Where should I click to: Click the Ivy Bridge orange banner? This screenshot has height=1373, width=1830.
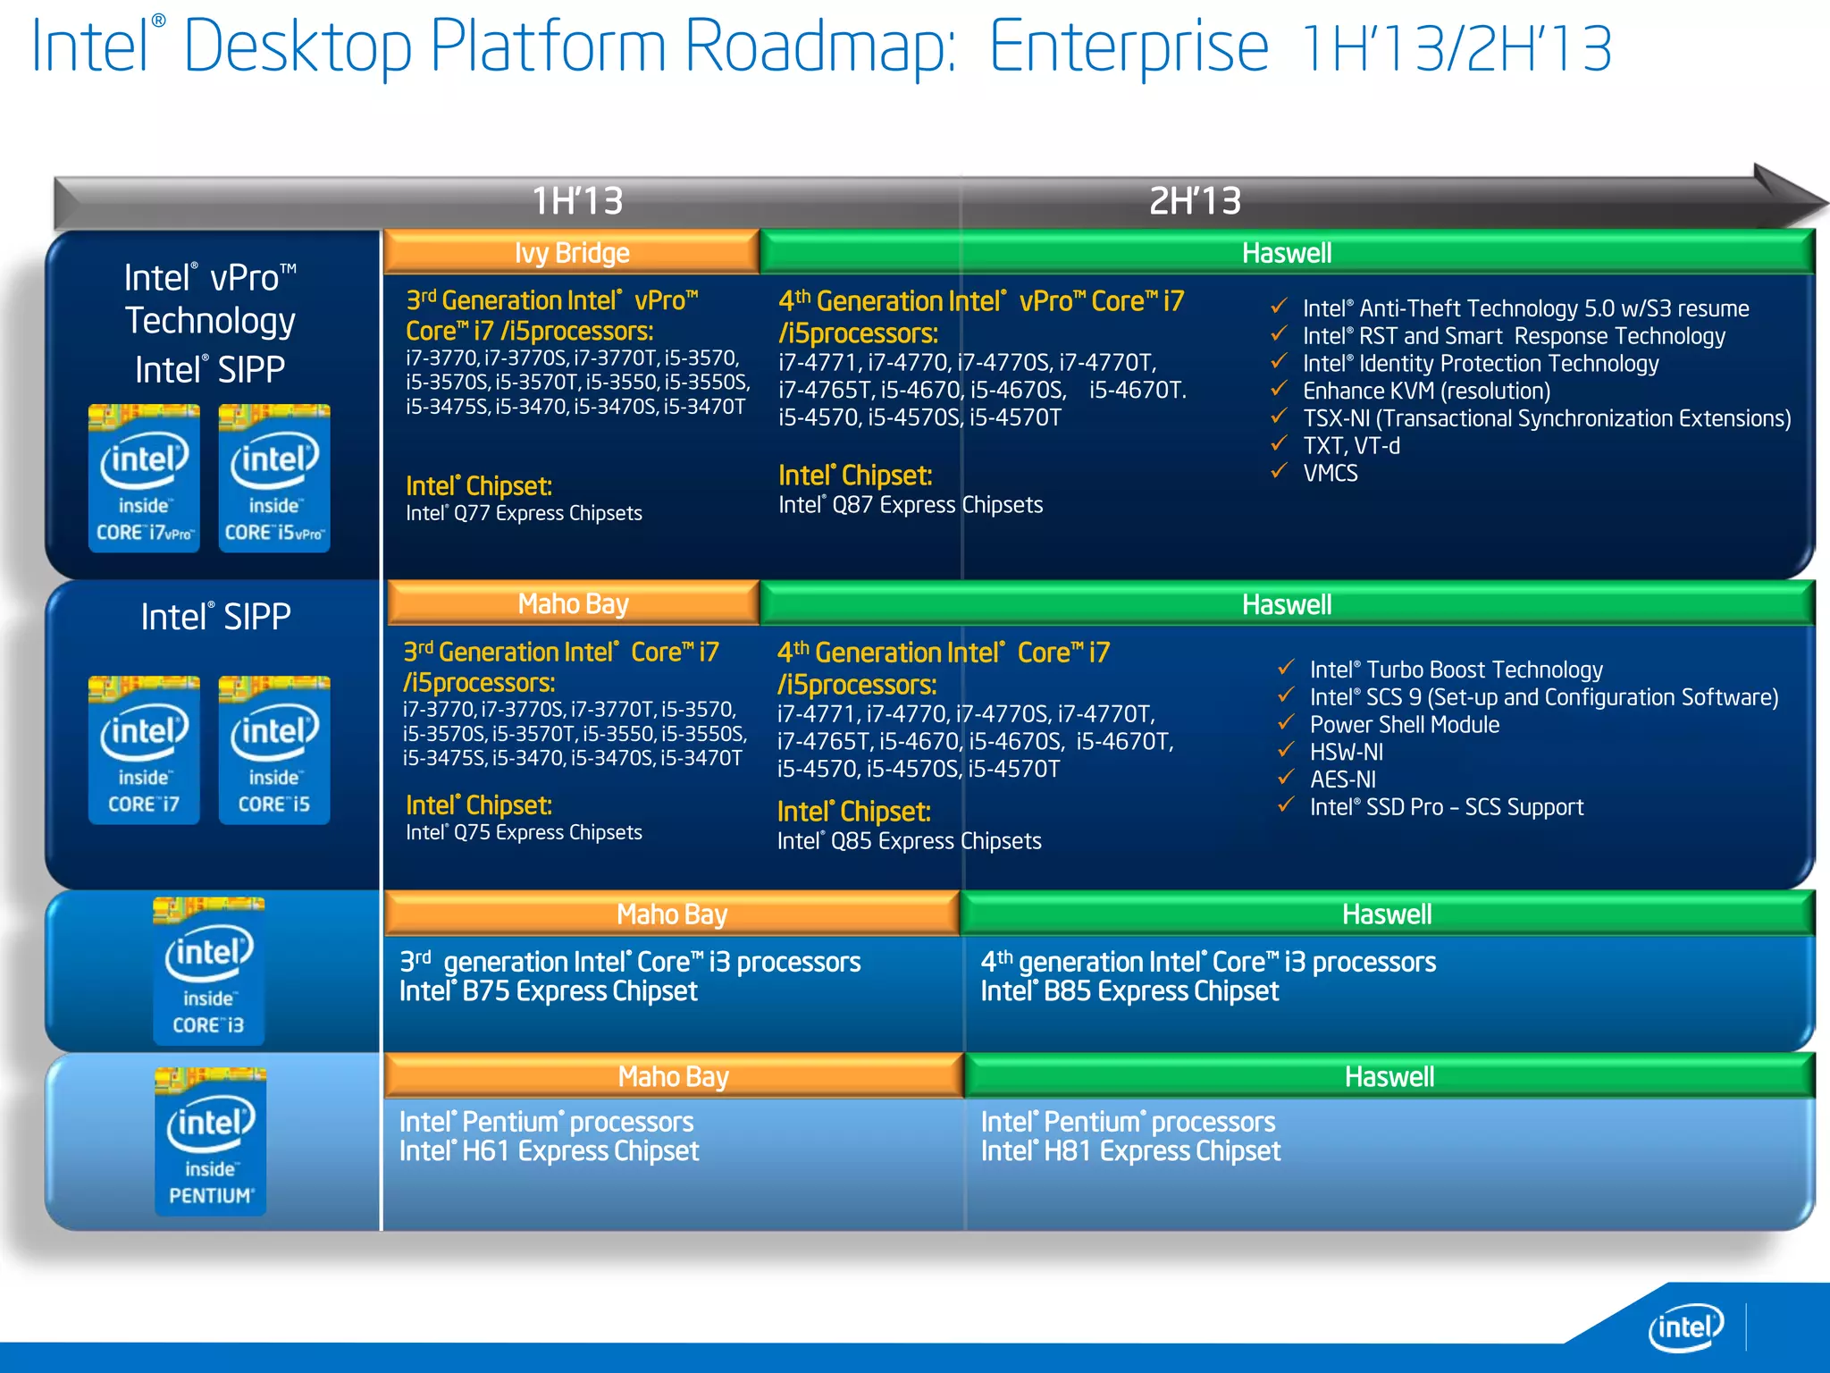(572, 253)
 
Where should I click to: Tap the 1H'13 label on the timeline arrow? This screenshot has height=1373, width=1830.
(577, 200)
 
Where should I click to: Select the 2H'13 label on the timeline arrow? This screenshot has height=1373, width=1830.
(1195, 200)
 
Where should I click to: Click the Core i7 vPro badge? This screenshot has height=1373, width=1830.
(144, 478)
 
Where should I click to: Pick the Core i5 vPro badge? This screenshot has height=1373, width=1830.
(274, 478)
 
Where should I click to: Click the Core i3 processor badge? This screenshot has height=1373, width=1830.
(209, 972)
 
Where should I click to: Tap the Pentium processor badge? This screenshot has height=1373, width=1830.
(211, 1141)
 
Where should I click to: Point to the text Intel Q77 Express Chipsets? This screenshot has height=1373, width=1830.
(524, 513)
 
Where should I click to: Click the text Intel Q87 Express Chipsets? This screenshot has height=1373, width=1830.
(910, 505)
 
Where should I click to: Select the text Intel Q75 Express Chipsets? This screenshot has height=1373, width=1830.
(524, 832)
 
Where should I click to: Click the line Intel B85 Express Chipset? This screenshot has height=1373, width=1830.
(1129, 991)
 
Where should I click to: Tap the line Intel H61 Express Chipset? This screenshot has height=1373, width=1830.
(549, 1151)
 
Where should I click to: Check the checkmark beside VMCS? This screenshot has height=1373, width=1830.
(1280, 471)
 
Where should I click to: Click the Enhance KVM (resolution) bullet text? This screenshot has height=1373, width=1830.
(1426, 391)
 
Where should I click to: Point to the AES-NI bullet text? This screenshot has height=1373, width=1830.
(1343, 779)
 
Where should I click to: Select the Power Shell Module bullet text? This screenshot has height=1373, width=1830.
(1405, 724)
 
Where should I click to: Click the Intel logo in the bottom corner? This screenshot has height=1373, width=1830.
(1685, 1327)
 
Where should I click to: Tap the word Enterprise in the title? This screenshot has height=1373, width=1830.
(1129, 46)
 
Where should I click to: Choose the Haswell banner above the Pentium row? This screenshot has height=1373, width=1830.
(1389, 1076)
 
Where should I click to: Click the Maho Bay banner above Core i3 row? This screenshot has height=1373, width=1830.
(672, 914)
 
